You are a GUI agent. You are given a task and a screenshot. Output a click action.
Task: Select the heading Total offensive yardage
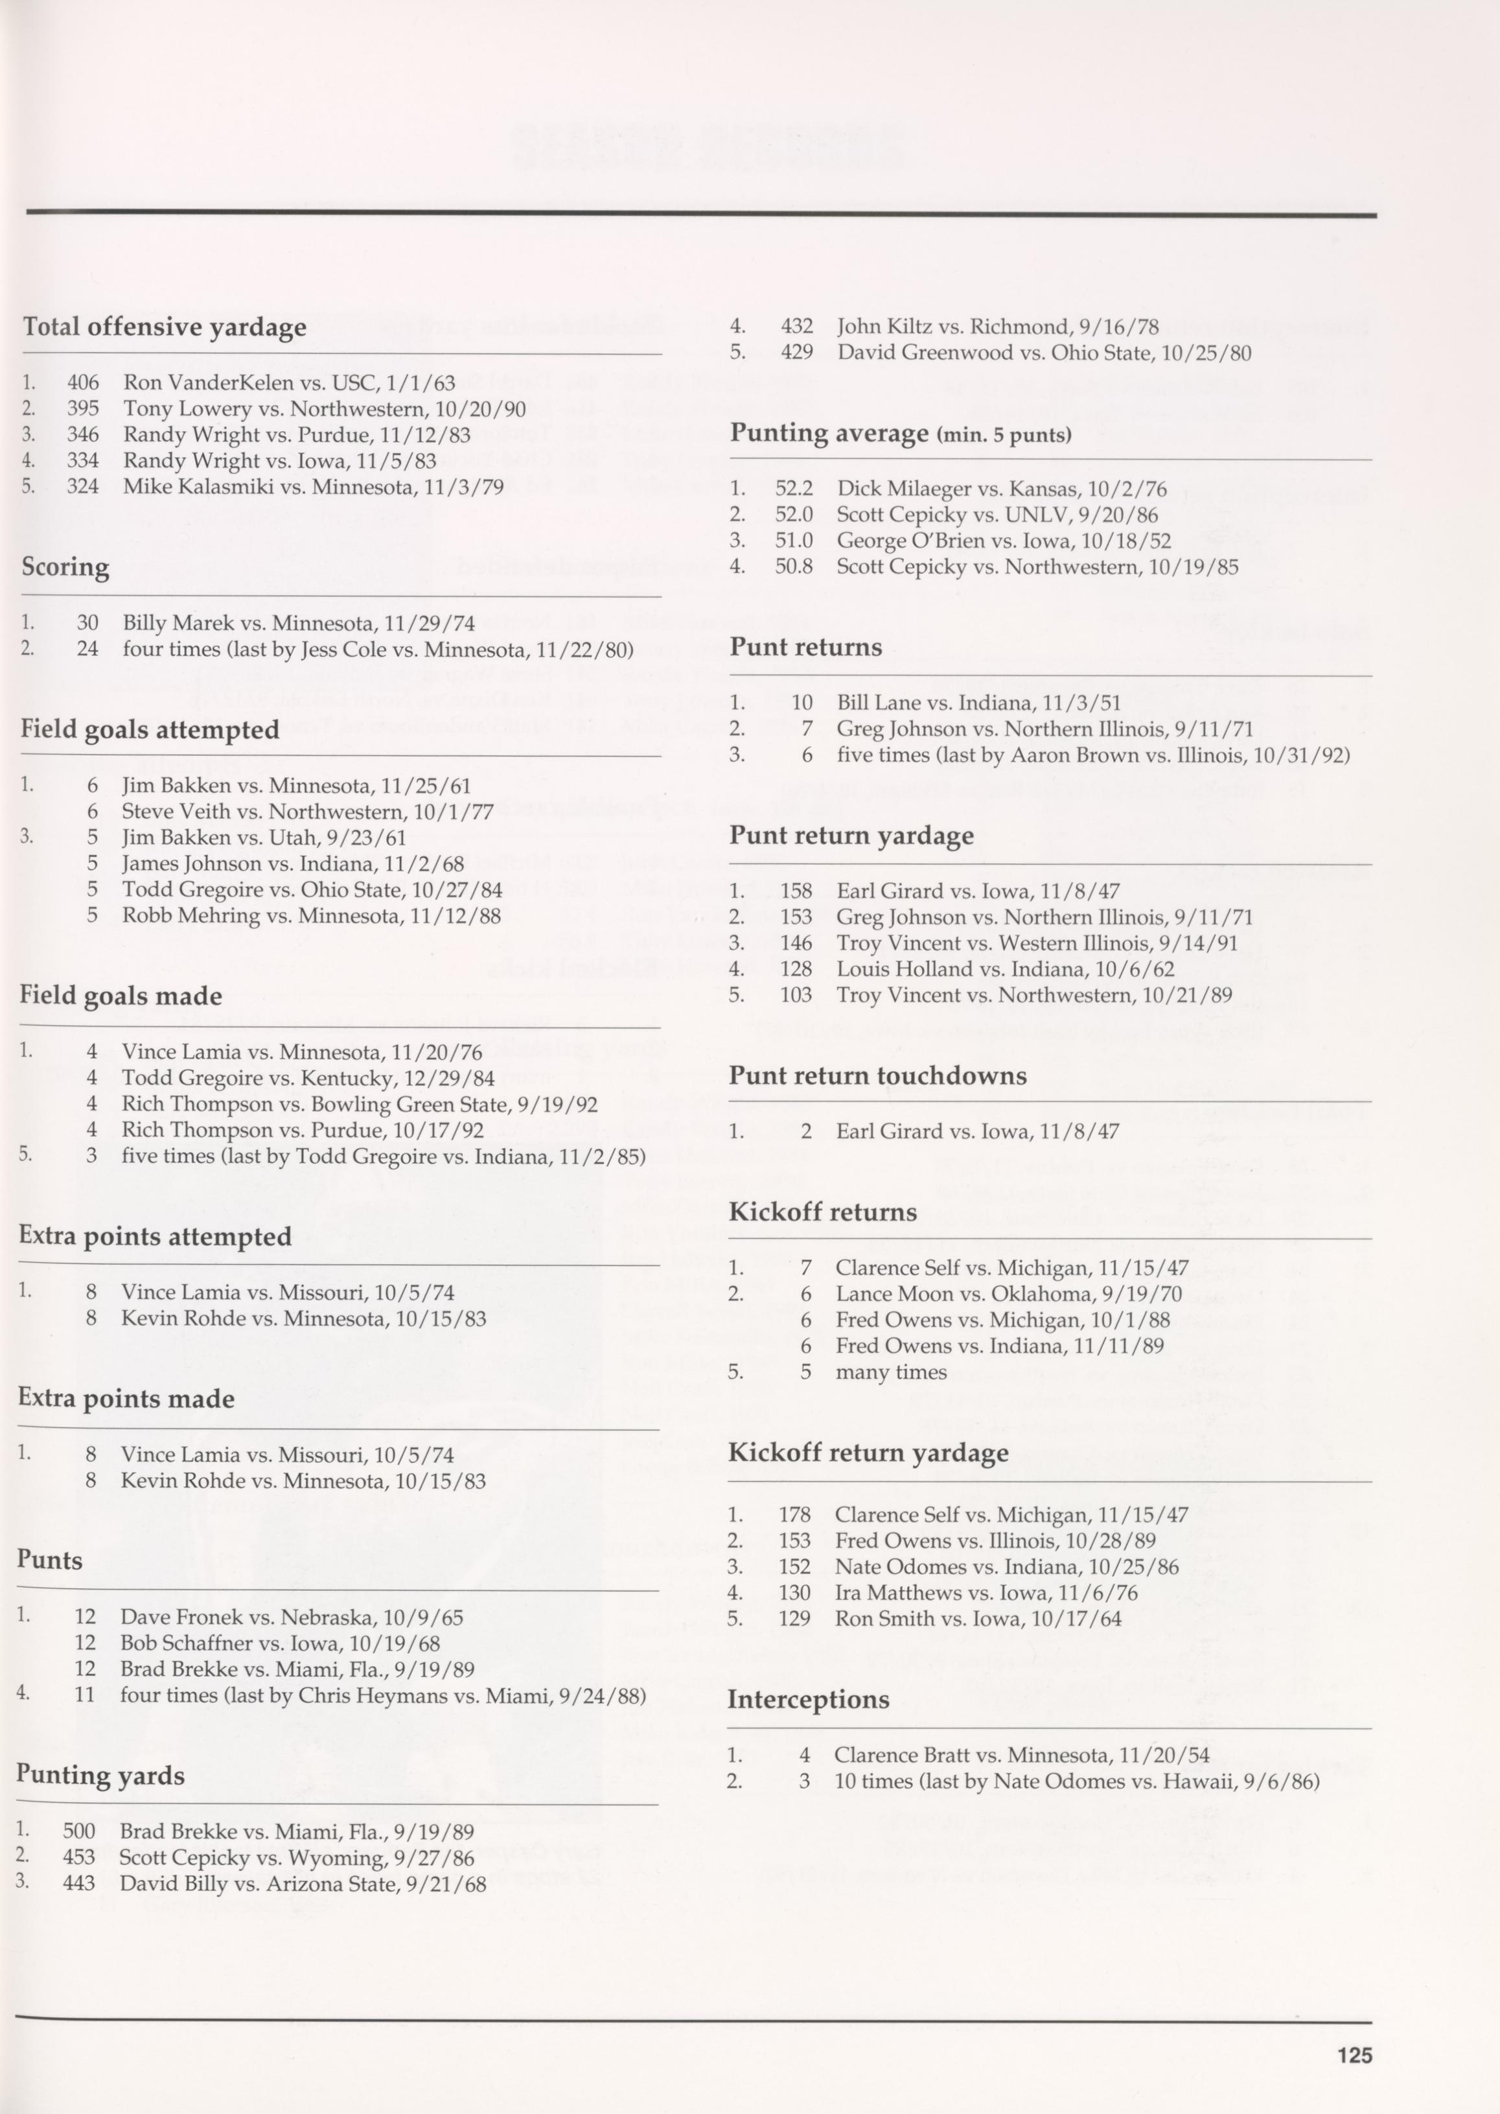tap(165, 327)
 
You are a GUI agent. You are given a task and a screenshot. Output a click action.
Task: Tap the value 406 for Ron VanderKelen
tap(82, 382)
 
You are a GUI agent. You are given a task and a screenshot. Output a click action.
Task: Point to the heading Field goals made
tap(121, 996)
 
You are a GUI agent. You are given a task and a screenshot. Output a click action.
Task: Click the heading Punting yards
tap(100, 1775)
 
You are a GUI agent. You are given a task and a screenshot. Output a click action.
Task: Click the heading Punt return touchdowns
tap(877, 1075)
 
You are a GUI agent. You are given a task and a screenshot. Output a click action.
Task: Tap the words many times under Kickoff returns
tap(890, 1372)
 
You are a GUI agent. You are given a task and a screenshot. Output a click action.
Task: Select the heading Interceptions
tap(808, 1699)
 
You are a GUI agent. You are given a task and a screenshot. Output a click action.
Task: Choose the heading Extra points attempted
tap(155, 1236)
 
